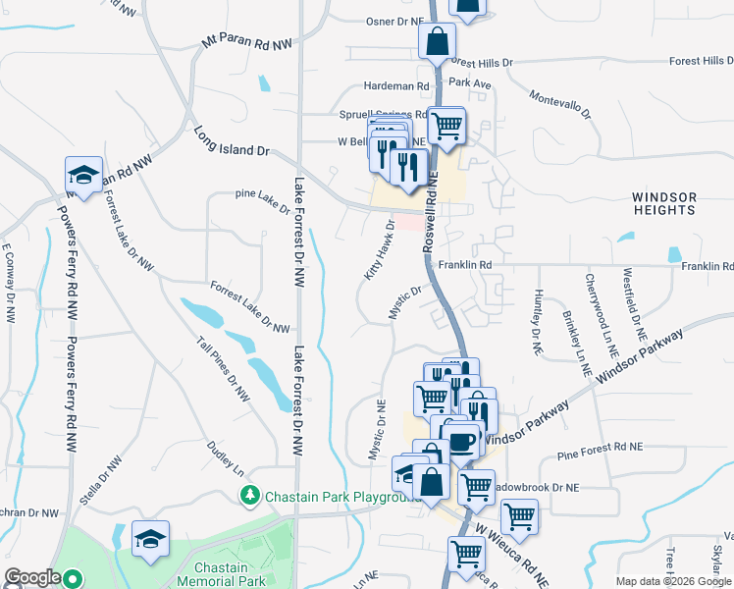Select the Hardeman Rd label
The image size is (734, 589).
pyautogui.click(x=397, y=86)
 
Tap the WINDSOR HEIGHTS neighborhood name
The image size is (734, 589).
pyautogui.click(x=664, y=203)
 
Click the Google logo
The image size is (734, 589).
pyautogui.click(x=32, y=577)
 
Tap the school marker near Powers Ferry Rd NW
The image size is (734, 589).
pyautogui.click(x=83, y=176)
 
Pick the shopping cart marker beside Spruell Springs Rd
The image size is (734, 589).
pyautogui.click(x=447, y=126)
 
